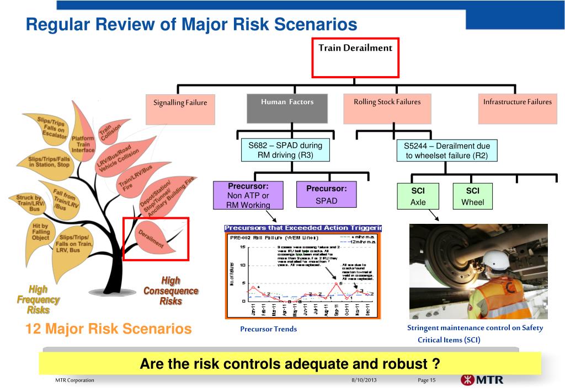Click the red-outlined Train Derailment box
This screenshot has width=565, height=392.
pos(355,57)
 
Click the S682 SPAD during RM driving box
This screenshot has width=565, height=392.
pos(285,151)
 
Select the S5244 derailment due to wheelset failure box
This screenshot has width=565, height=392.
pos(446,151)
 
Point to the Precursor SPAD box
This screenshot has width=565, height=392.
pos(326,196)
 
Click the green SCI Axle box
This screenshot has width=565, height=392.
pos(418,196)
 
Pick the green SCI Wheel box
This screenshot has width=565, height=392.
pos(472,196)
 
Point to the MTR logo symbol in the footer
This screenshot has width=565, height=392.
pos(466,380)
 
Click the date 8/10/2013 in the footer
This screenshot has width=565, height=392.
pos(364,381)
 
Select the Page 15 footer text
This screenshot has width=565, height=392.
pos(427,381)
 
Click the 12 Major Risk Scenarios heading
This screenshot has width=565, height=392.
pos(109,329)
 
